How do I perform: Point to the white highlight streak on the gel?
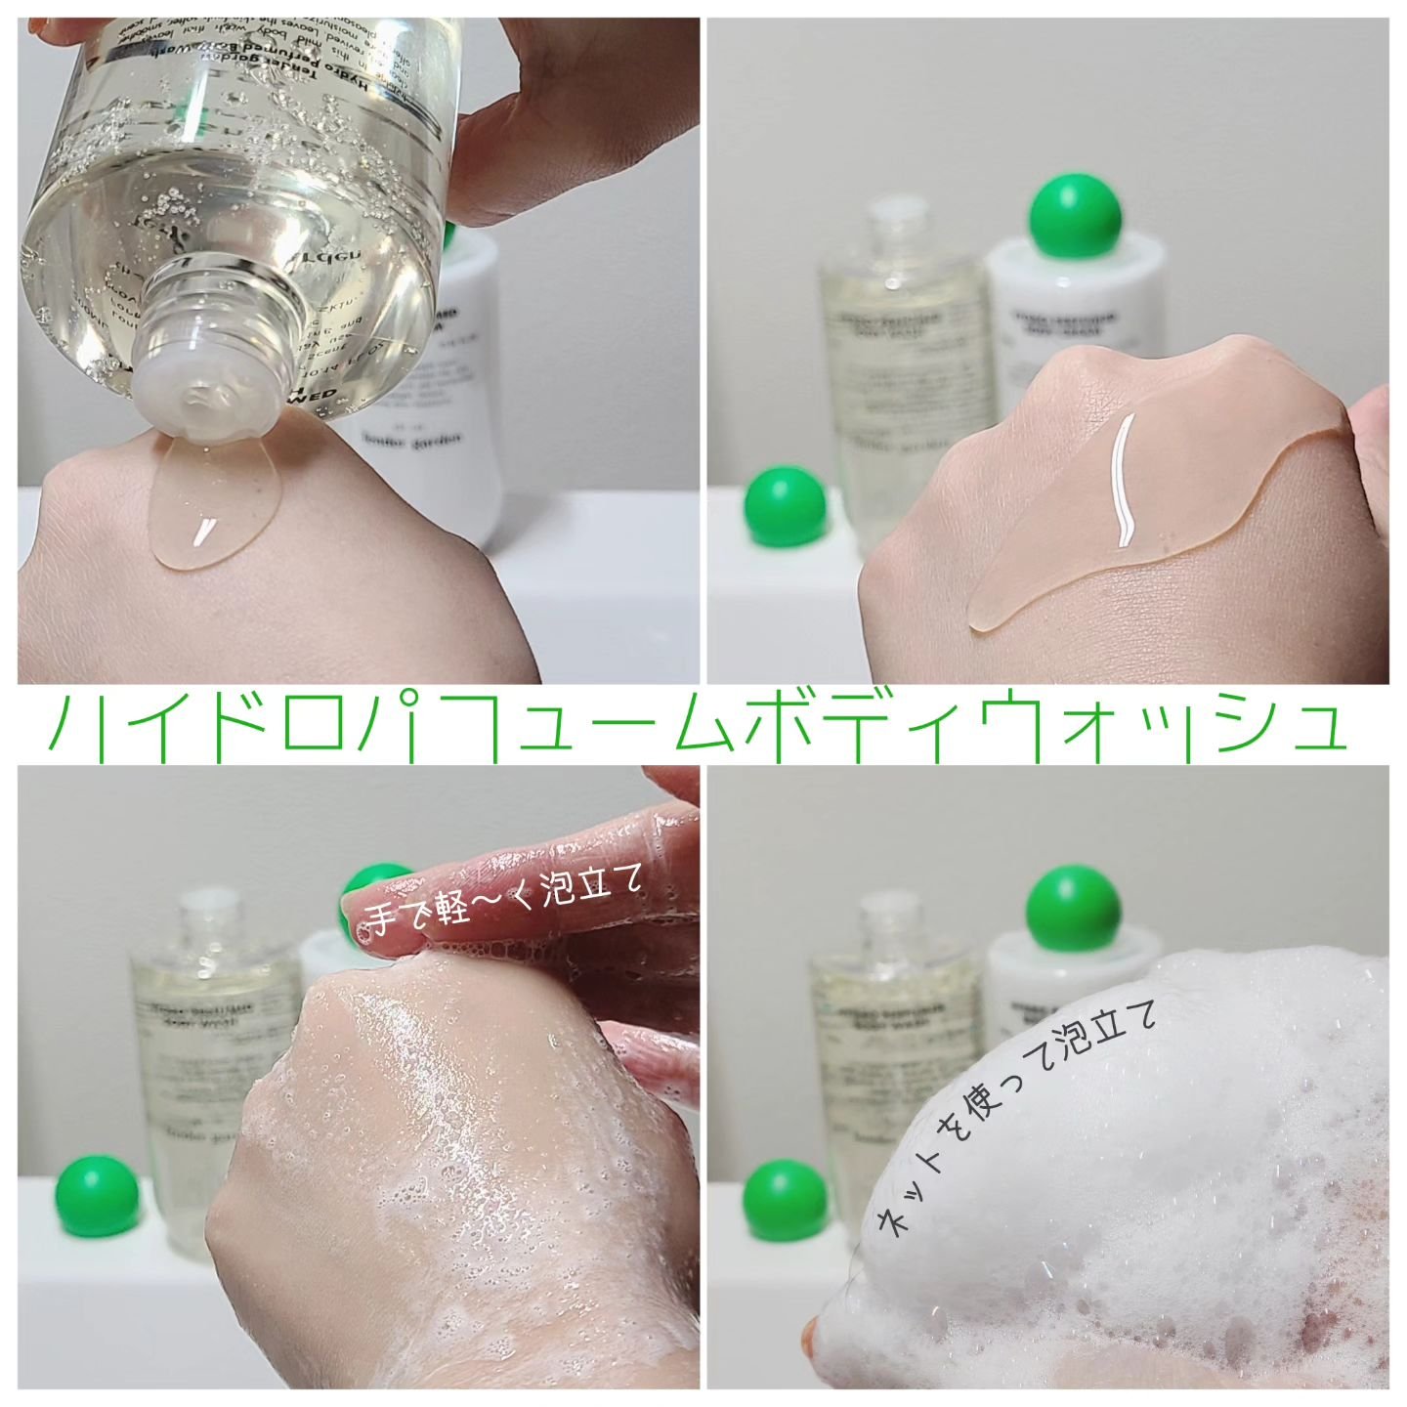click(1126, 479)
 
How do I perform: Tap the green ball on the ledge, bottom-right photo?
click(779, 1201)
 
